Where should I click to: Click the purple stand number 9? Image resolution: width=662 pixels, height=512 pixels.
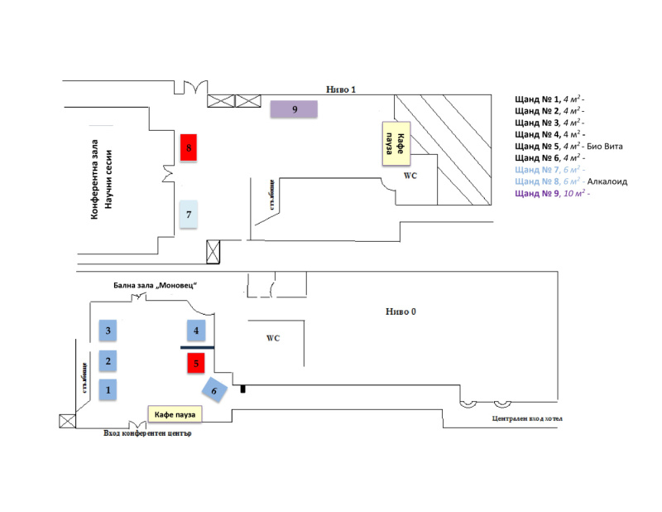click(294, 109)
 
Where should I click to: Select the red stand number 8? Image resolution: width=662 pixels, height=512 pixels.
click(189, 147)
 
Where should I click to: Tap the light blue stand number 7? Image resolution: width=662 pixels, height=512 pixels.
click(189, 215)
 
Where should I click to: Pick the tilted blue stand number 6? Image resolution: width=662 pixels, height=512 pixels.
click(214, 390)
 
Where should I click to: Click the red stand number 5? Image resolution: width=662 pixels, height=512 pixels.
click(196, 363)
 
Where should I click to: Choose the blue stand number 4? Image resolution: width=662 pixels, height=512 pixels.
click(196, 331)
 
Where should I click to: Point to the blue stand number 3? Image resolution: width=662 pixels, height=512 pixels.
click(108, 331)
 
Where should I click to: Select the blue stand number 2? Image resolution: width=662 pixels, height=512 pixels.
click(108, 360)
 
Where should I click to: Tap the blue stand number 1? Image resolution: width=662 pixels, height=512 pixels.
click(108, 389)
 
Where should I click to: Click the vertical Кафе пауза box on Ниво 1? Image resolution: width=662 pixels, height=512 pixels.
click(396, 143)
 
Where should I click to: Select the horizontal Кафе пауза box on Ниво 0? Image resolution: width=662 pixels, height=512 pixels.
click(175, 414)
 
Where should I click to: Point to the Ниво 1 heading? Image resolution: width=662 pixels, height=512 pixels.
click(341, 89)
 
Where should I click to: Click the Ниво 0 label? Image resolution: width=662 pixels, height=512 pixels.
click(401, 312)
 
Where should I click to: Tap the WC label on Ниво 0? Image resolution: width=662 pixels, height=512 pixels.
click(273, 338)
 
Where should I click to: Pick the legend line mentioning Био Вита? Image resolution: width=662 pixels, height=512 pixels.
click(568, 147)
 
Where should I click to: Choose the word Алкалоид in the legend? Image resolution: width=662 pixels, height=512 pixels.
click(607, 181)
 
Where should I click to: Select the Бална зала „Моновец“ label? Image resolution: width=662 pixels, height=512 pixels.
click(155, 285)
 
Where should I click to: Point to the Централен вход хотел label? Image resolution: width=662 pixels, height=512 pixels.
click(527, 418)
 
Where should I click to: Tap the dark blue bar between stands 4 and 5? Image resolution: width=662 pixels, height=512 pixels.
click(197, 347)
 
